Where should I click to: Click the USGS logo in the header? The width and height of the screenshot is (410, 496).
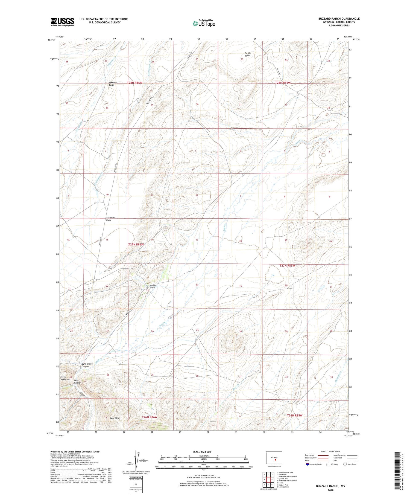pyautogui.click(x=62, y=22)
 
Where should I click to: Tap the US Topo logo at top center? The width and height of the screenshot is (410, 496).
pyautogui.click(x=204, y=23)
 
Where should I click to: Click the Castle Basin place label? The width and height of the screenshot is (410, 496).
pyautogui.click(x=248, y=54)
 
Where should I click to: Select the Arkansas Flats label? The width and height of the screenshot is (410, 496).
pyautogui.click(x=110, y=219)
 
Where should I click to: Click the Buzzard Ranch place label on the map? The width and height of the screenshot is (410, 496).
pyautogui.click(x=152, y=286)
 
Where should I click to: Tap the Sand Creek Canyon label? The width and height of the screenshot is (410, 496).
pyautogui.click(x=87, y=365)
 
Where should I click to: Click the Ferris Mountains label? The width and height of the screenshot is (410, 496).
pyautogui.click(x=65, y=378)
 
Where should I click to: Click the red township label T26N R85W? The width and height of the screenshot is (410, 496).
pyautogui.click(x=295, y=415)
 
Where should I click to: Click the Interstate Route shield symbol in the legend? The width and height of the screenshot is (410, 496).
pyautogui.click(x=307, y=464)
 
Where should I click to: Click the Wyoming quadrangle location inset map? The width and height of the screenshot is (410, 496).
pyautogui.click(x=274, y=458)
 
